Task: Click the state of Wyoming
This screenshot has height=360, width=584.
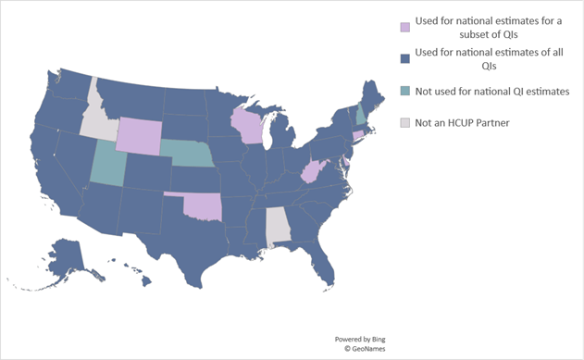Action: coord(137,136)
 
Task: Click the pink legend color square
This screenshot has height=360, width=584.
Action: coord(404,26)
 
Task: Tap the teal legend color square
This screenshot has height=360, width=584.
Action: coord(404,91)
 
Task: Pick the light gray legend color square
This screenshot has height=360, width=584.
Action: coord(404,122)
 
